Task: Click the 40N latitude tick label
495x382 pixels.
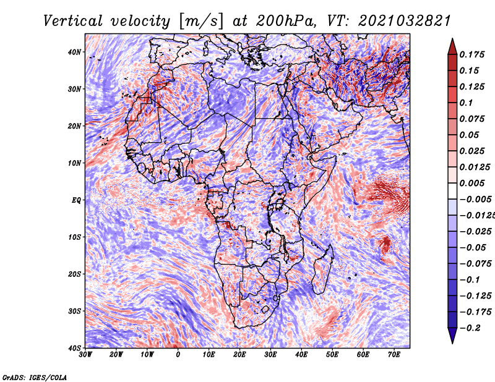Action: click(x=74, y=52)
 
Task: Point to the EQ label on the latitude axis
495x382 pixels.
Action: click(x=75, y=200)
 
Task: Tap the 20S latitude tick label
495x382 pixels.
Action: click(x=74, y=274)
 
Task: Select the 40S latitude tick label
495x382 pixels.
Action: click(x=74, y=347)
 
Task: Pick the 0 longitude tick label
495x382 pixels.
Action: click(x=178, y=354)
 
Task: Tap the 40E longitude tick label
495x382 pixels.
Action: click(x=301, y=354)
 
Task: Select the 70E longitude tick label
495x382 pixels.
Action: click(x=394, y=354)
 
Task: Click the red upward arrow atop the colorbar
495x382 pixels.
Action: click(x=452, y=46)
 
